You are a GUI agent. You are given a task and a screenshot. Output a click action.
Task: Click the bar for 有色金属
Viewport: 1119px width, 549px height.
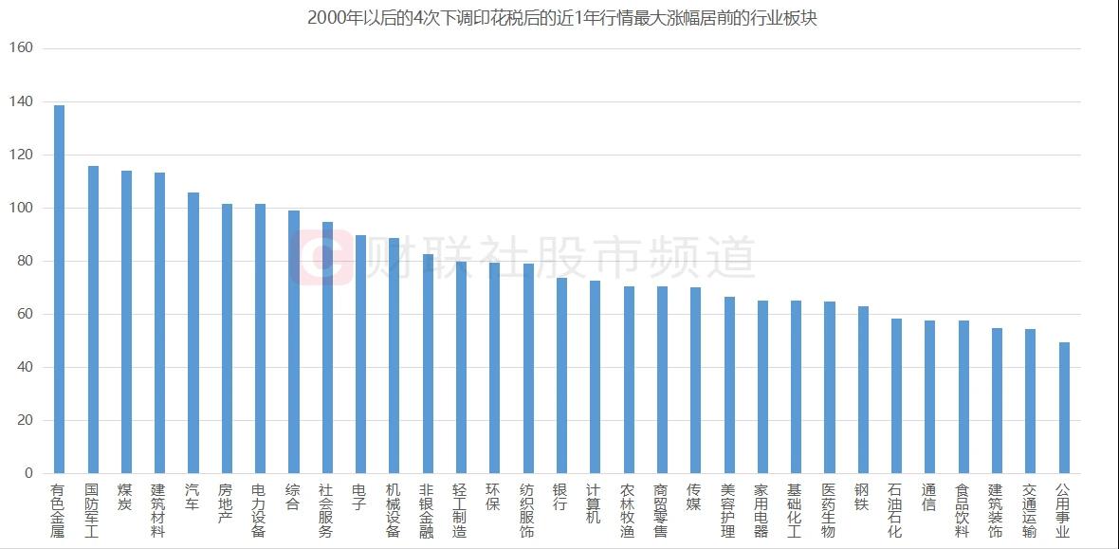pyautogui.click(x=59, y=289)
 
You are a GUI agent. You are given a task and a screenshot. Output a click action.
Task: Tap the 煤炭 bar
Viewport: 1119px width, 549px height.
pyautogui.click(x=126, y=321)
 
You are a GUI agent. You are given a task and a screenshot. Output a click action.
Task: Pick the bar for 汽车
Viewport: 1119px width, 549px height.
pyautogui.click(x=193, y=333)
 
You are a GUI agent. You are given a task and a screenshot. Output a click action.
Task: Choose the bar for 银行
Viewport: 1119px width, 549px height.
pyautogui.click(x=561, y=375)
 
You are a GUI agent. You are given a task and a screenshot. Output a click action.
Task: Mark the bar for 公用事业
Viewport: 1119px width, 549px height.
pyautogui.click(x=1063, y=408)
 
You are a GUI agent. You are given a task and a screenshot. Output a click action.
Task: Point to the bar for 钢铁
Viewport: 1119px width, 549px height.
pyautogui.click(x=863, y=390)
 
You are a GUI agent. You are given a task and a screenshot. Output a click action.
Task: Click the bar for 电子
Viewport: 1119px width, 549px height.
pyautogui.click(x=360, y=354)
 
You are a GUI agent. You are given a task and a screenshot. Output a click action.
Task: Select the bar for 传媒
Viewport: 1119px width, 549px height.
pyautogui.click(x=695, y=380)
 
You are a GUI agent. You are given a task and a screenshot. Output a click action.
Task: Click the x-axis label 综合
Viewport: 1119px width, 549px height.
pyautogui.click(x=293, y=498)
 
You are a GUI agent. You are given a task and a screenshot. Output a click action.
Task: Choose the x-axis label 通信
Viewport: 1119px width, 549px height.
pyautogui.click(x=929, y=498)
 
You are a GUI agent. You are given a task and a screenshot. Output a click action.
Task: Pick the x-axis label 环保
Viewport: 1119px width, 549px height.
pyautogui.click(x=494, y=498)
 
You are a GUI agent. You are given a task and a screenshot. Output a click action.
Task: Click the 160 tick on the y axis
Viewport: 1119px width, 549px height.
pyautogui.click(x=21, y=48)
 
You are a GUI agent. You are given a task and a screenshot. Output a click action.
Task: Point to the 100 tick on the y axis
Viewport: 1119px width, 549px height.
pyautogui.click(x=21, y=208)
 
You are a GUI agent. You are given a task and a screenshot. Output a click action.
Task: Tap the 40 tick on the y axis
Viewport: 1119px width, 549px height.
pyautogui.click(x=25, y=367)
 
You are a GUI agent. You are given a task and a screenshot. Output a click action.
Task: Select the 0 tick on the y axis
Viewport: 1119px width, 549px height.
pyautogui.click(x=28, y=473)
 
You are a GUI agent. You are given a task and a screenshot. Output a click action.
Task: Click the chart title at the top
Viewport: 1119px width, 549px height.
pyautogui.click(x=561, y=18)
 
